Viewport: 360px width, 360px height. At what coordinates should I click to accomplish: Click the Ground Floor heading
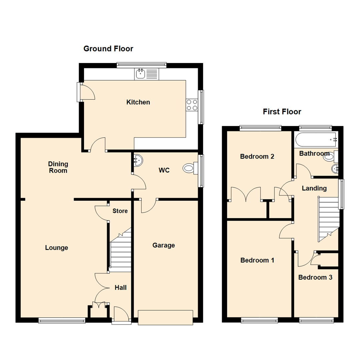click(108, 49)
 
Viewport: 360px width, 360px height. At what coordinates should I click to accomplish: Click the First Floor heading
click(282, 112)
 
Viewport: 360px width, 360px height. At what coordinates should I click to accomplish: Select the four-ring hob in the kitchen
click(192, 105)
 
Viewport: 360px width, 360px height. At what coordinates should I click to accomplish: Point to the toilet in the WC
click(189, 169)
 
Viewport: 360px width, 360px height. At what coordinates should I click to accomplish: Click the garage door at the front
click(165, 317)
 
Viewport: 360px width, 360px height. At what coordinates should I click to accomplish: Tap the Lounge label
click(57, 248)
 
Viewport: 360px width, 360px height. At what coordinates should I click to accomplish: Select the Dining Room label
click(58, 167)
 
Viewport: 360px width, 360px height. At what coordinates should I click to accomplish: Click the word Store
click(120, 211)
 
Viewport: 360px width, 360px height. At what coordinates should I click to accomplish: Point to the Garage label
click(163, 245)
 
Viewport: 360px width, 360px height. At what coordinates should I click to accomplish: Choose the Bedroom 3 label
click(315, 277)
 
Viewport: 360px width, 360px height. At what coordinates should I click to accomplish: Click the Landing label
click(314, 188)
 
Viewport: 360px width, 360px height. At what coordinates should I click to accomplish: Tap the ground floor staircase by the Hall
click(120, 248)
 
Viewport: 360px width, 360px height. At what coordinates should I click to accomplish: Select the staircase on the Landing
click(328, 218)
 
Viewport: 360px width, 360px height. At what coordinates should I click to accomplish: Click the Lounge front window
click(62, 320)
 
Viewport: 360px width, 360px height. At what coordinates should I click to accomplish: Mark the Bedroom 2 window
click(260, 128)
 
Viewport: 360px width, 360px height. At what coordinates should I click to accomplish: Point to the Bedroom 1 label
click(257, 260)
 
